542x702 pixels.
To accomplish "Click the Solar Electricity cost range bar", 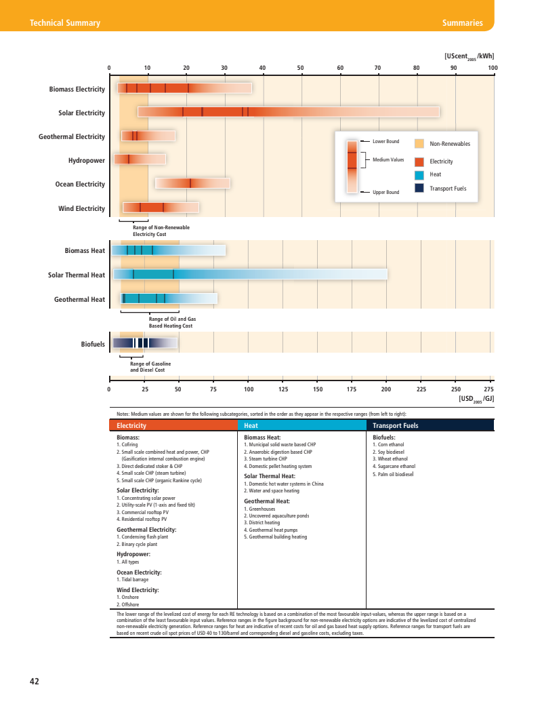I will [x=289, y=112].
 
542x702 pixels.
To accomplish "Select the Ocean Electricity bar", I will [x=192, y=183].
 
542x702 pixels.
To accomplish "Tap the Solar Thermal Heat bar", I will [x=250, y=274].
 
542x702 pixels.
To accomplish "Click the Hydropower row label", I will [x=87, y=161].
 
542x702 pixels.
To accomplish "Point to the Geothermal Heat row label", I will [x=79, y=299].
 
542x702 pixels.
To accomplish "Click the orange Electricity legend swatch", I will [x=419, y=161].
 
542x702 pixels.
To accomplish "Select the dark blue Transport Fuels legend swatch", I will [x=419, y=188].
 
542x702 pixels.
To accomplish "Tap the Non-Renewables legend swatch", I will [x=419, y=144].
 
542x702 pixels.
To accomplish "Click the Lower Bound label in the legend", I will [x=385, y=141].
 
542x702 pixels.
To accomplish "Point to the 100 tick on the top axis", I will [x=493, y=68].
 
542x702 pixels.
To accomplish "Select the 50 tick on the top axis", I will [x=301, y=68].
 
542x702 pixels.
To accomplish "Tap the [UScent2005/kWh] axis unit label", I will [x=469, y=56].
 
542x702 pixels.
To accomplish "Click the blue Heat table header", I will [x=301, y=426].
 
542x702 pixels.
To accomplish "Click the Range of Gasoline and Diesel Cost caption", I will [x=150, y=367].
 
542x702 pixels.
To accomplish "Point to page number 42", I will [x=34, y=681].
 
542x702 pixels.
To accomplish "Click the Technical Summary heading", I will [x=65, y=23].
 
